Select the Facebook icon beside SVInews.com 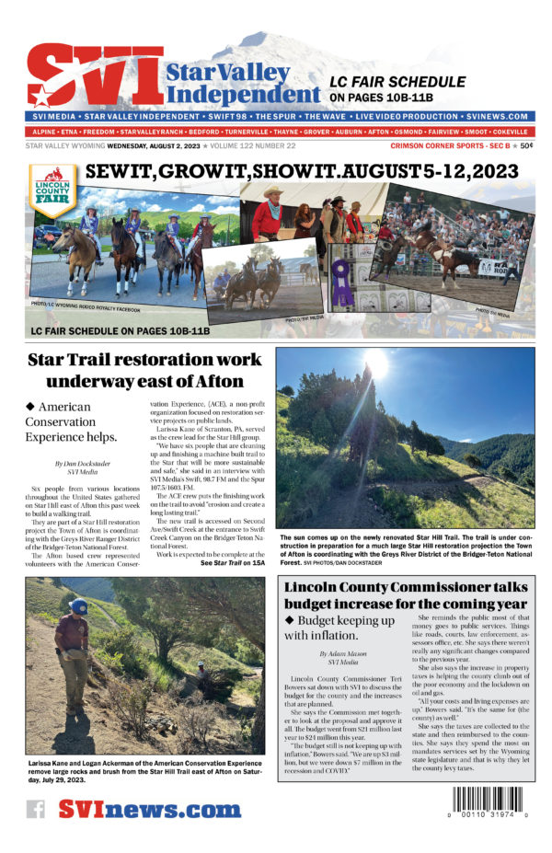click(x=35, y=810)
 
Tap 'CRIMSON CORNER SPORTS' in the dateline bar click(x=437, y=145)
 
